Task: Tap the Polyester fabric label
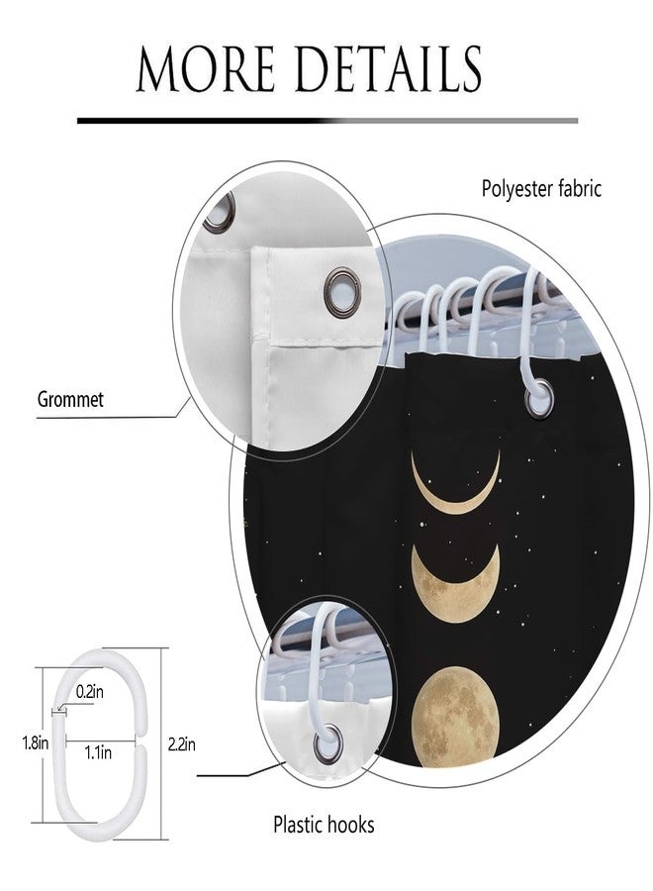[x=541, y=189]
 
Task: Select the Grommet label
[x=70, y=399]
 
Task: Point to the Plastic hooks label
[x=324, y=824]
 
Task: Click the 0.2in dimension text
[x=90, y=692]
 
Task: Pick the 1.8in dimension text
[x=36, y=742]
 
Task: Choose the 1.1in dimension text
[x=98, y=753]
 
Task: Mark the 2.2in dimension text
[x=182, y=743]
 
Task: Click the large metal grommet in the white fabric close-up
[x=341, y=292]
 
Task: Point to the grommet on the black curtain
[x=538, y=399]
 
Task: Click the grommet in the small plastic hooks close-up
[x=327, y=743]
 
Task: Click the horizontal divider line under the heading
[x=327, y=121]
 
